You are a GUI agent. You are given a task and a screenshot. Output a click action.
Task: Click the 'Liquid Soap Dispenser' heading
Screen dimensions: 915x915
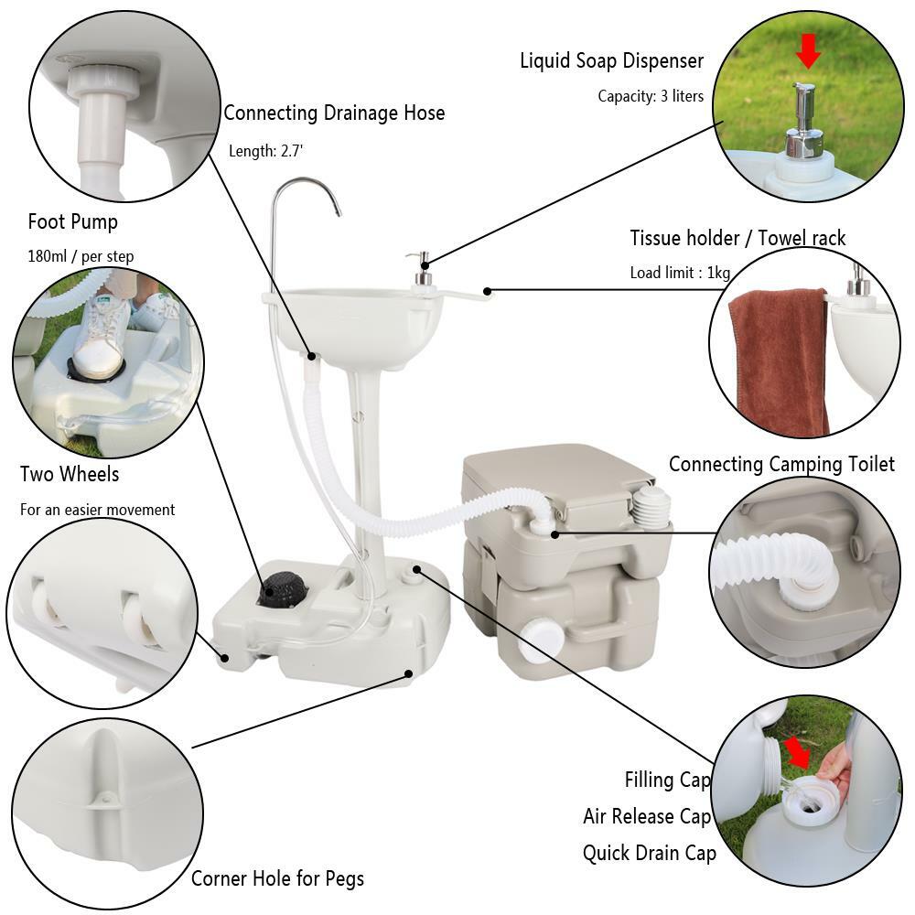tap(611, 61)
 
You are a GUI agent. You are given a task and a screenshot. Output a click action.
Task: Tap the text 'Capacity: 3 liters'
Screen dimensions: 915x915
tap(651, 96)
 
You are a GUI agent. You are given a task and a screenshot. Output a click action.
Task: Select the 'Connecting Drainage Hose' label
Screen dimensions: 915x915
tap(334, 113)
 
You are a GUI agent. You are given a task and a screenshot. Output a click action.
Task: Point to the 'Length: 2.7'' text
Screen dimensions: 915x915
tap(265, 151)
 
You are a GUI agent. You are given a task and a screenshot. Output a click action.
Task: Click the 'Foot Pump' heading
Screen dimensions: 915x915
tap(72, 221)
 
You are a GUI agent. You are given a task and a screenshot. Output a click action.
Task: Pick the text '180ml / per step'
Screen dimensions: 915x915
tap(81, 256)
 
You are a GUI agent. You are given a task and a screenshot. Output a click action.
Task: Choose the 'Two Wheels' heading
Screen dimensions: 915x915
tap(70, 474)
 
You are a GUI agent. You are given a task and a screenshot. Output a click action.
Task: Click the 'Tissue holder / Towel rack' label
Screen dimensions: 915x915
tap(737, 239)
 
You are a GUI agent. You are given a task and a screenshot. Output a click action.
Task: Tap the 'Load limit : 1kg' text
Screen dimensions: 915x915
tap(680, 273)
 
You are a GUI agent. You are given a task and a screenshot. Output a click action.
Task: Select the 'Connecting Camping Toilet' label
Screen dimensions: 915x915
tap(781, 465)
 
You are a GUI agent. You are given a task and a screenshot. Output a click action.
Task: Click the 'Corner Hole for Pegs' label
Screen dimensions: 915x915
tap(277, 879)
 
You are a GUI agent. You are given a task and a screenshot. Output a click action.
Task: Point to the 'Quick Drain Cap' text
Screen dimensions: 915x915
tap(649, 853)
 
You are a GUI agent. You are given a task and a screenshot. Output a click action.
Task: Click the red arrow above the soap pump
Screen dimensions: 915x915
tap(807, 52)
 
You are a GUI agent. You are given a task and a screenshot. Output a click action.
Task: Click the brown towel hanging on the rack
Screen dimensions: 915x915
tap(780, 357)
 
